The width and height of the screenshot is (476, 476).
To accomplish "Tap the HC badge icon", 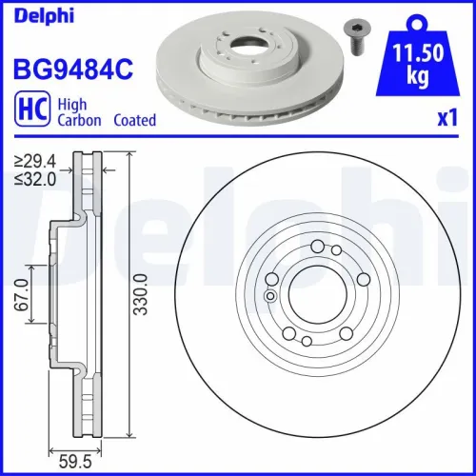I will [x=30, y=112].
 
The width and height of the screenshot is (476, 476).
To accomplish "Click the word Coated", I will [x=134, y=121].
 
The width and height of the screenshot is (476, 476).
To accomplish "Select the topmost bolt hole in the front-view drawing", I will [x=316, y=247].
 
